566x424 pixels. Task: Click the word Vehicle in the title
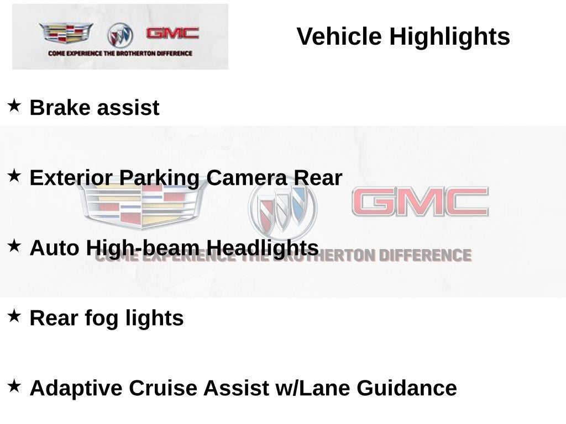(x=339, y=36)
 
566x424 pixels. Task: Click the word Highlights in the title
(x=449, y=38)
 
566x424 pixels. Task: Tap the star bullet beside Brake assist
(x=14, y=105)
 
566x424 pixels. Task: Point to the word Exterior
(x=71, y=177)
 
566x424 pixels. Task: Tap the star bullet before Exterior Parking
(x=14, y=176)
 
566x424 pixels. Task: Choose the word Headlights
(x=263, y=248)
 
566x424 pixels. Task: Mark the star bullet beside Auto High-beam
(x=14, y=246)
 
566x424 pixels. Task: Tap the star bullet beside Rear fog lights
(x=14, y=316)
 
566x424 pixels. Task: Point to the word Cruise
(x=163, y=388)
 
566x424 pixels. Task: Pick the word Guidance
(x=407, y=388)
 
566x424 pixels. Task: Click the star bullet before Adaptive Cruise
(x=14, y=386)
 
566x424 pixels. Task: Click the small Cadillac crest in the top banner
(x=66, y=33)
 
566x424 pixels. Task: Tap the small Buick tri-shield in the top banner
(x=120, y=35)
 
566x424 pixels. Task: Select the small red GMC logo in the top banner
(x=172, y=33)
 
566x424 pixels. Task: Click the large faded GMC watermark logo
(x=420, y=201)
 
